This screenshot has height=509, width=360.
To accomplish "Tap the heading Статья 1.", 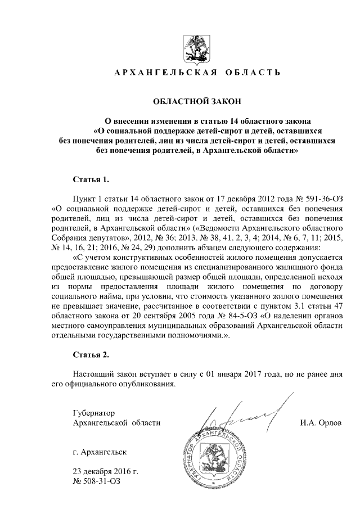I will click(x=91, y=180).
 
